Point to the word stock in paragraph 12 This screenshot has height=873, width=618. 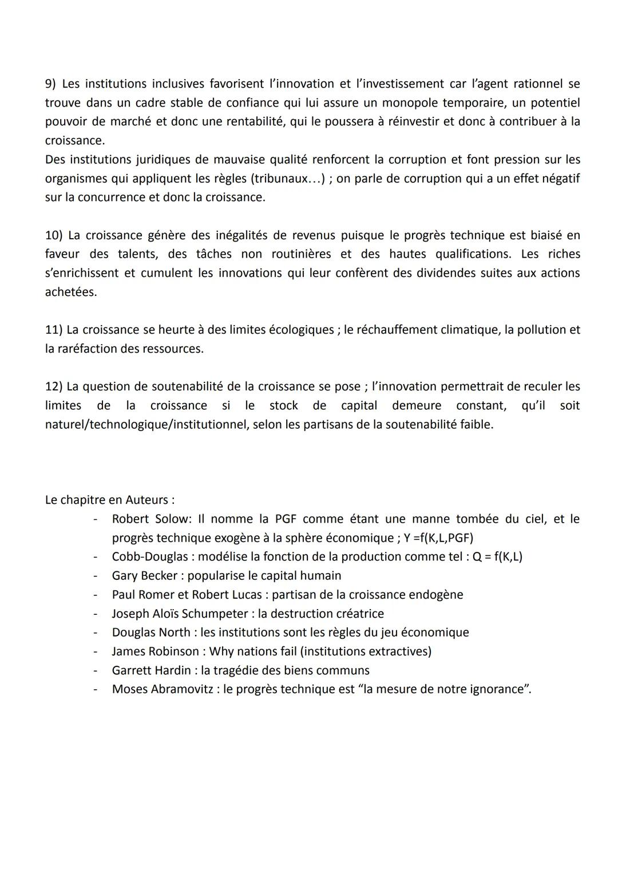284,405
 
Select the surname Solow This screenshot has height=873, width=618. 172,519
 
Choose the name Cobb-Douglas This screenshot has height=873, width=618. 150,557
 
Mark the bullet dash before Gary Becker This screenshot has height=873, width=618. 96,576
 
